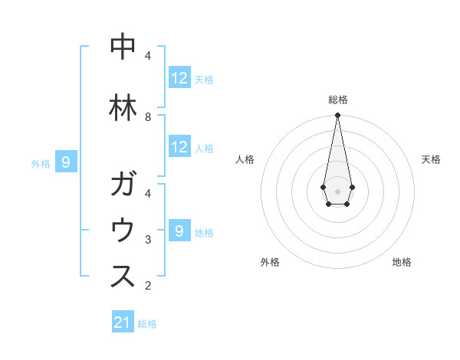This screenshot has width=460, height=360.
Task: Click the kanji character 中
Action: tap(123, 47)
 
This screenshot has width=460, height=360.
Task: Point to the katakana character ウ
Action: tap(123, 231)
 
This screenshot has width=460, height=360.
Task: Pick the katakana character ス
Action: tap(123, 277)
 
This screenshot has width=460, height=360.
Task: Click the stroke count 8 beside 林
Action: tap(148, 116)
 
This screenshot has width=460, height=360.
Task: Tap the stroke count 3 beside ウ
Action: tap(148, 240)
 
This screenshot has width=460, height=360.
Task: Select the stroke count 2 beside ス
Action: tap(148, 286)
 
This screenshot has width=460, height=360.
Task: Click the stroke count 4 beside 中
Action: tap(148, 55)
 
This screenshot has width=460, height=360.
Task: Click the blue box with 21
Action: tap(123, 322)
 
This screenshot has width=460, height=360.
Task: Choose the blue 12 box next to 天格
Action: tap(179, 78)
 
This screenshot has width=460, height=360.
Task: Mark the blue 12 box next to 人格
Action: tap(179, 147)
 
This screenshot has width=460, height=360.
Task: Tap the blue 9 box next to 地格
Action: tap(179, 231)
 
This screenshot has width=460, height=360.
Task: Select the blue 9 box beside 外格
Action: tap(67, 162)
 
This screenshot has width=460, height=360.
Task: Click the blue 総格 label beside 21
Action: tap(147, 324)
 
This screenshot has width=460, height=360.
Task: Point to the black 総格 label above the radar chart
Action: tap(337, 100)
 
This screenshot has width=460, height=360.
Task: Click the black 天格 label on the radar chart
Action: tap(431, 159)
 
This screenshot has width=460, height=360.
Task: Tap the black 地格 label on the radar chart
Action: tap(402, 262)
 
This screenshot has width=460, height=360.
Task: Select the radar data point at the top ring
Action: tap(337, 116)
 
